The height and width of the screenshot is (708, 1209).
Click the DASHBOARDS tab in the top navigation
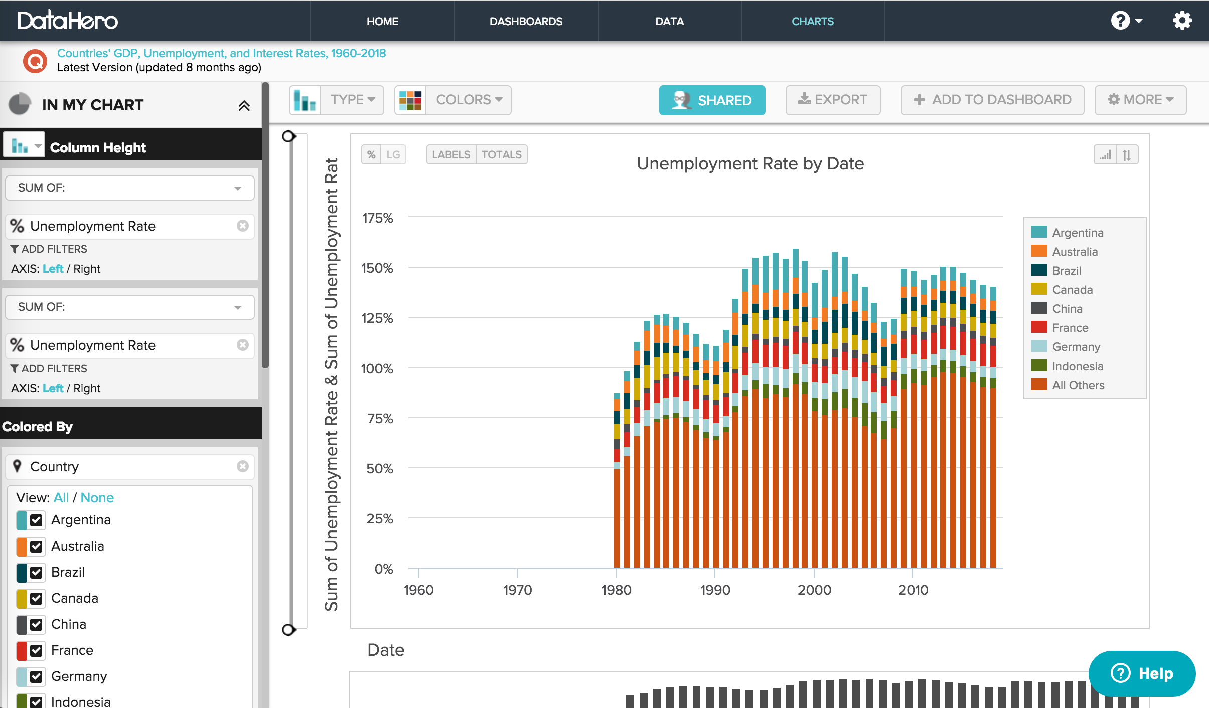(526, 21)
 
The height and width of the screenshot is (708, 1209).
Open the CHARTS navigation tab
(812, 21)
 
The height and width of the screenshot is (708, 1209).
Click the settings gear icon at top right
(1182, 21)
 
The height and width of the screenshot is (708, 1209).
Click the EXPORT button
(833, 100)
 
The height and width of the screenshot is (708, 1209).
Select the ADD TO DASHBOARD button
(992, 100)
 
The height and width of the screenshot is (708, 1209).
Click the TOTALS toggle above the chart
(501, 154)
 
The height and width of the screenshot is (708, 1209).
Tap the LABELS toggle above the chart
(450, 154)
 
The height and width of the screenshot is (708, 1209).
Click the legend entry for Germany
(1076, 347)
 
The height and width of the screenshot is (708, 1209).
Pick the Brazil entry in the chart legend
(1066, 271)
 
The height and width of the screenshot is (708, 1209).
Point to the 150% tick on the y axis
(377, 268)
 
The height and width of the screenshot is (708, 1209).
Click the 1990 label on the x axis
(715, 590)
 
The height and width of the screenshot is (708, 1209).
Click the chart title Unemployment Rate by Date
(750, 164)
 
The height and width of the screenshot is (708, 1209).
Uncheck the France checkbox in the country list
(36, 650)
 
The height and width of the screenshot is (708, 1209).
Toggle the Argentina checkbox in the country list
(36, 520)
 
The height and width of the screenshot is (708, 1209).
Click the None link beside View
(97, 497)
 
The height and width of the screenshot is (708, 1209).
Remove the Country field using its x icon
(243, 466)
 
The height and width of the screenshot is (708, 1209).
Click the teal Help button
(1142, 673)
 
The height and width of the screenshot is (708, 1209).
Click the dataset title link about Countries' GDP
(221, 53)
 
